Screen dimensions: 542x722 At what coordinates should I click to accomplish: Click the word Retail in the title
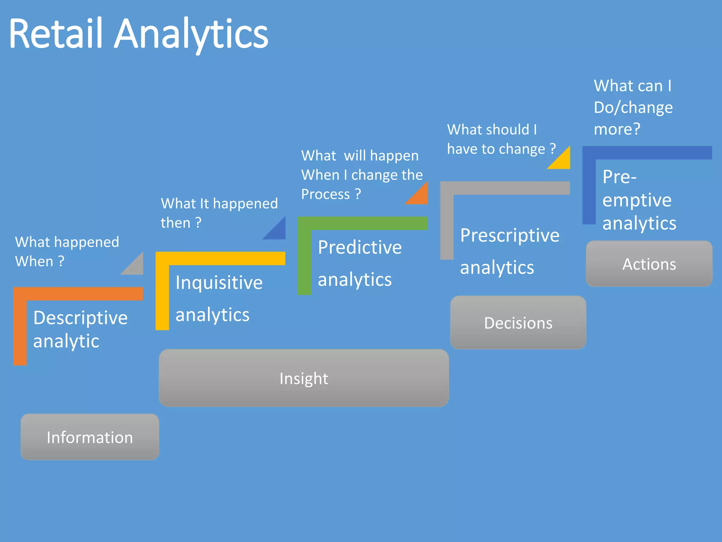click(x=55, y=34)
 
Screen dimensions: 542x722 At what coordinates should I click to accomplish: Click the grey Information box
click(x=90, y=437)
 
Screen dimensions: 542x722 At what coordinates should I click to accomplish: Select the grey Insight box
click(x=304, y=378)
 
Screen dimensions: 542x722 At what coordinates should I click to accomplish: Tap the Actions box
click(x=649, y=264)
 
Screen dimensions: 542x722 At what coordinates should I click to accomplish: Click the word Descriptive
click(x=80, y=318)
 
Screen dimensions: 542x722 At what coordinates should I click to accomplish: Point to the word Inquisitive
click(x=219, y=283)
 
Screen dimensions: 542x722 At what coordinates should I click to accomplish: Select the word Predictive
click(x=360, y=247)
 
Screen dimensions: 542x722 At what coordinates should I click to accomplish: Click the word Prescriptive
click(x=510, y=235)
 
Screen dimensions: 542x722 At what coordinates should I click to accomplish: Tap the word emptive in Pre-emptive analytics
click(x=637, y=200)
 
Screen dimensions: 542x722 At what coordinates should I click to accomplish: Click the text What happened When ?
click(x=67, y=252)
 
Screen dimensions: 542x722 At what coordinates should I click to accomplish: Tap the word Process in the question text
click(x=325, y=194)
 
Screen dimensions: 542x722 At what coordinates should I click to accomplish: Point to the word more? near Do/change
click(x=617, y=129)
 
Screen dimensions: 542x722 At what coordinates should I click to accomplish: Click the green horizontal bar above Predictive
click(x=363, y=223)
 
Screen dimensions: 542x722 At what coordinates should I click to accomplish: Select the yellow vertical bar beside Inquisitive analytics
click(x=162, y=296)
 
